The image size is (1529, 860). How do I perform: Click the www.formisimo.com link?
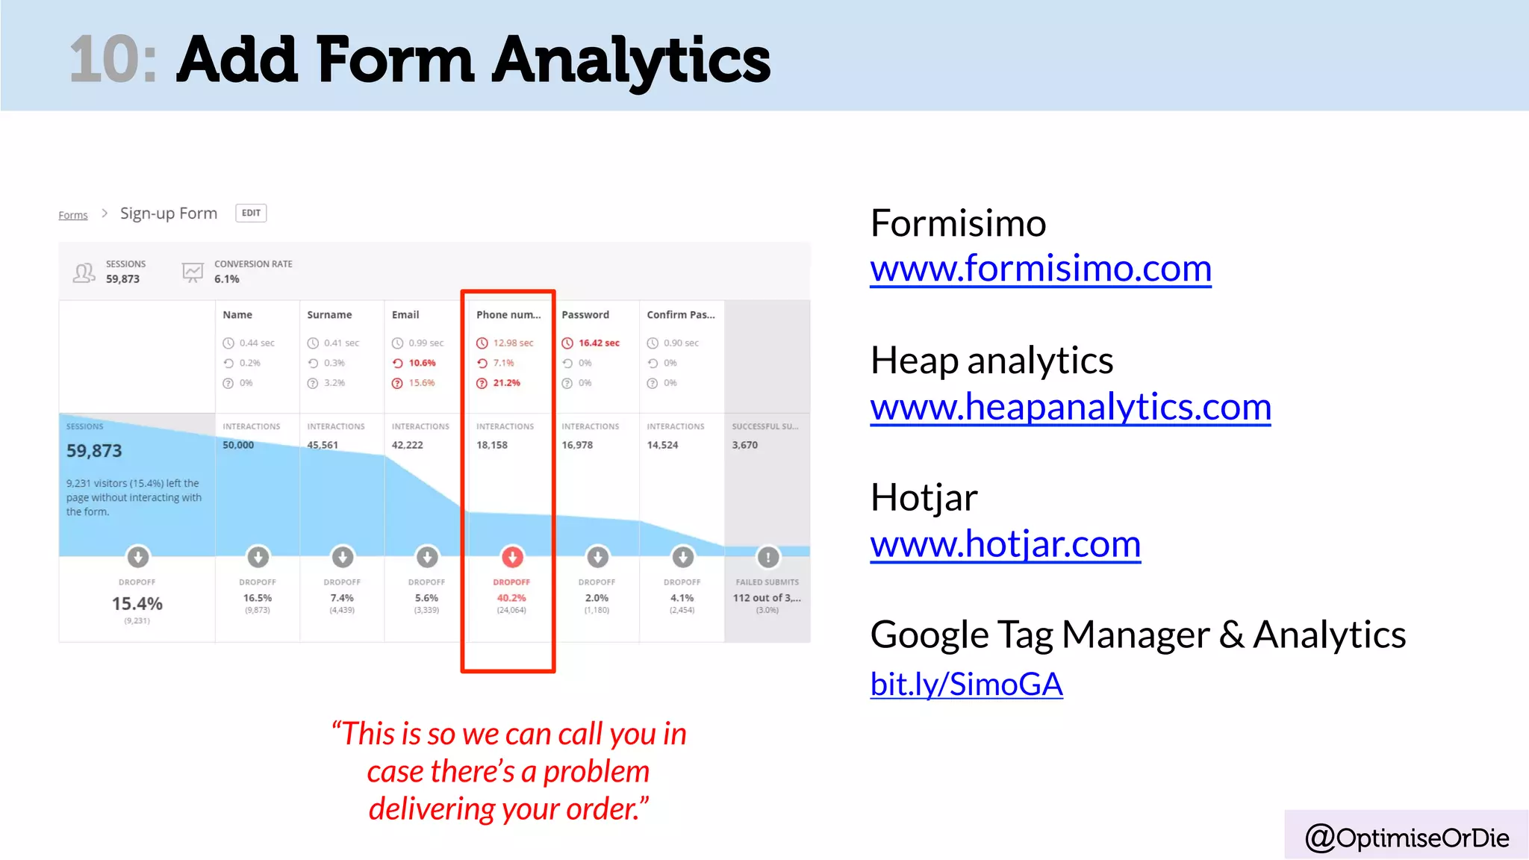coord(1040,269)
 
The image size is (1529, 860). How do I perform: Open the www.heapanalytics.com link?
coord(1070,408)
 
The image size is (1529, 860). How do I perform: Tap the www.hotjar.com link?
coord(1005,544)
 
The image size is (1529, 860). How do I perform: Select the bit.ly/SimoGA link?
coord(966,684)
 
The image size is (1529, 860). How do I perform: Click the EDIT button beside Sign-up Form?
coord(251,213)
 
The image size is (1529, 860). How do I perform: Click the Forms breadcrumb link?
coord(73,215)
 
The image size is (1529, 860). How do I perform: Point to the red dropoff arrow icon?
coord(512,556)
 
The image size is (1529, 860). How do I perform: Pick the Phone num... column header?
coord(508,315)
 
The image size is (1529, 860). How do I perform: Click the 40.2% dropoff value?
coord(511,598)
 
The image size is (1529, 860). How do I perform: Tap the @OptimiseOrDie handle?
coord(1407,838)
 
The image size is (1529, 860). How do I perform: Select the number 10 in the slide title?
coord(112,60)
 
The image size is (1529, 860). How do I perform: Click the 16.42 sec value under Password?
coord(599,343)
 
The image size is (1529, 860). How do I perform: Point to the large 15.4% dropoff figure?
coord(137,603)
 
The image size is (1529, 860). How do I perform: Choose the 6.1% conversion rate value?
coord(227,279)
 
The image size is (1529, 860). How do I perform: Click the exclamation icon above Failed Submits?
coord(767,556)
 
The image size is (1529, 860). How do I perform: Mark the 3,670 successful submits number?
coord(744,445)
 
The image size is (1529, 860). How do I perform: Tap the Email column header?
coord(405,315)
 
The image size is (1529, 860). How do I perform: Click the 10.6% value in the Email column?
coord(422,363)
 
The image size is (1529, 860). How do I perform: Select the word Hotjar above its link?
coord(924,498)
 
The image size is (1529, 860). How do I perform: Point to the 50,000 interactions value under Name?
coord(238,445)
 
